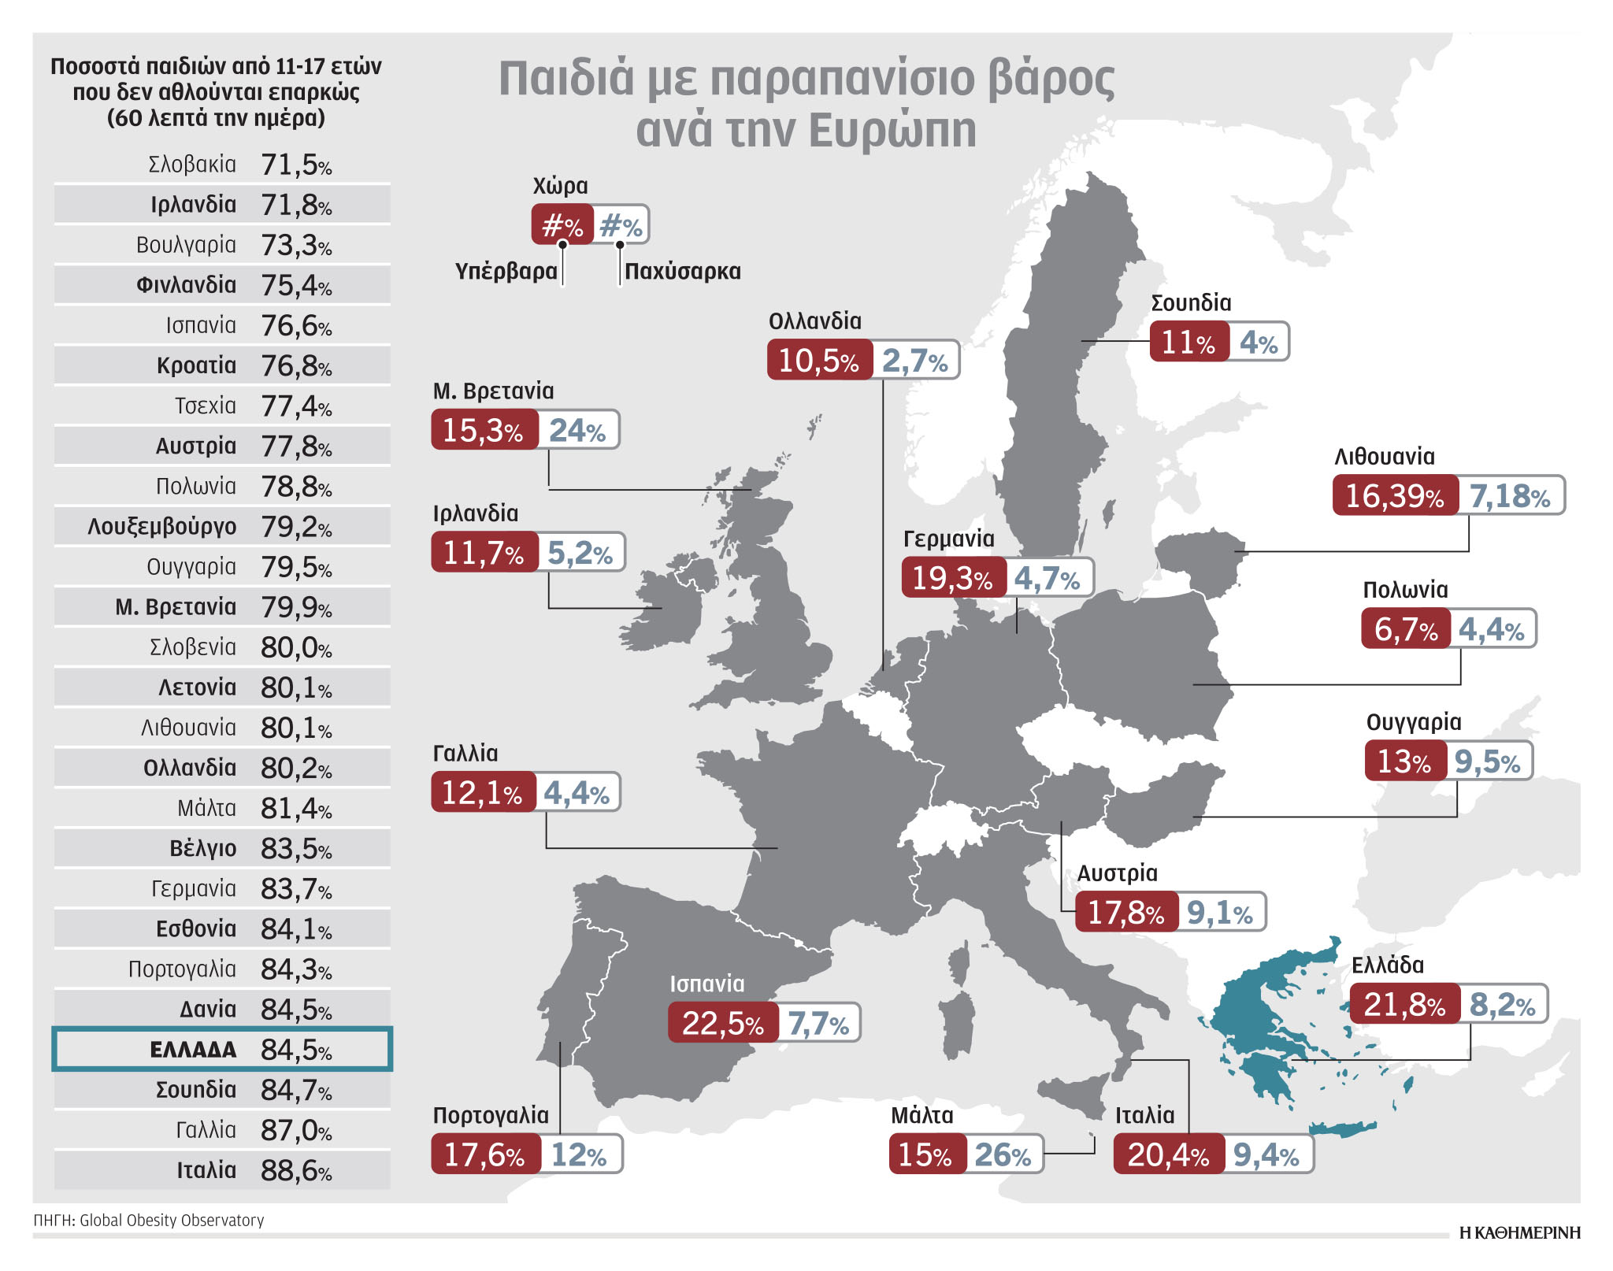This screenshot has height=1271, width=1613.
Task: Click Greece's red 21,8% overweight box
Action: pos(1404,1004)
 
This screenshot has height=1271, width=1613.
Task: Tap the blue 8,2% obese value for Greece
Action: pos(1503,1004)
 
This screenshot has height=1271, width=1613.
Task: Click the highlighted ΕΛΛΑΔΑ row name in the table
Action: pos(193,1050)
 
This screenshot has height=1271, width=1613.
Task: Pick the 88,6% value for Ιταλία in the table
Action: pos(296,1171)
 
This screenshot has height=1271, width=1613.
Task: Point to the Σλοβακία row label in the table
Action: pos(192,165)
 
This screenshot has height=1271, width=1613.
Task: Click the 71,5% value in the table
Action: pos(296,165)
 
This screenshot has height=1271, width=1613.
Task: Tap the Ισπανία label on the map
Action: pos(706,984)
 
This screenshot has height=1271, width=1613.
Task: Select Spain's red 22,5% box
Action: pos(722,1023)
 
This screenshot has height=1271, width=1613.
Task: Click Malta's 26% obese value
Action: pos(1003,1154)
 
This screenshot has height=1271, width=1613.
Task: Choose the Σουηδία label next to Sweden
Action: pos(1191,303)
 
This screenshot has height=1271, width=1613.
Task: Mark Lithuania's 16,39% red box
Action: pos(1394,495)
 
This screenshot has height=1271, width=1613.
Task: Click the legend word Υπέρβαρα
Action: pos(506,272)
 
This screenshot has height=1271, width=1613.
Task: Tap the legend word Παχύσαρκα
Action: pos(682,272)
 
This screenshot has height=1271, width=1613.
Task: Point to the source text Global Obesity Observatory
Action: pos(172,1220)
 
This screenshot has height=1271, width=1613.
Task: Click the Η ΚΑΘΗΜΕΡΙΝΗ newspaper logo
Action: pos(1519,1233)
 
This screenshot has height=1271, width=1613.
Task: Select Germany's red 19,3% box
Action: pos(952,577)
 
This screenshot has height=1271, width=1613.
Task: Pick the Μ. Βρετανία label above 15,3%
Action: pos(493,391)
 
